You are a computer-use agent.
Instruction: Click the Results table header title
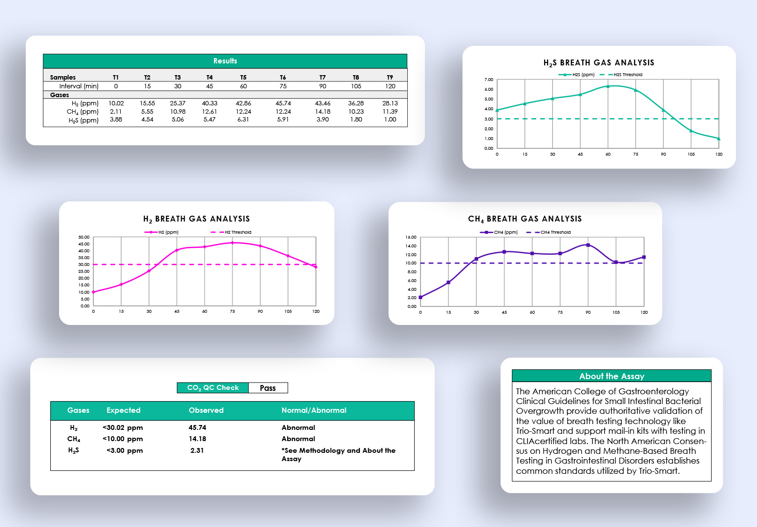point(225,61)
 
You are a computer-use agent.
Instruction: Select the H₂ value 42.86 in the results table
point(243,103)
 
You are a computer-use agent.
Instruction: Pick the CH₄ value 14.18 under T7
point(322,112)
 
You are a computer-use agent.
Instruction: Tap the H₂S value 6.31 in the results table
point(243,120)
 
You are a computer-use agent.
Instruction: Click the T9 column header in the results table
point(390,78)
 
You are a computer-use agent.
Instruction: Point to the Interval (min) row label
point(79,86)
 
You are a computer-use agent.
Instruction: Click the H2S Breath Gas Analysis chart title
point(599,63)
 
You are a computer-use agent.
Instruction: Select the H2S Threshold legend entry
point(628,75)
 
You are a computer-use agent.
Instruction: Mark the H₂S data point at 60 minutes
point(608,86)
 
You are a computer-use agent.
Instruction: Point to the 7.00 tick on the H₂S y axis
point(488,80)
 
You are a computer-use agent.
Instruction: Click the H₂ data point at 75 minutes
point(232,243)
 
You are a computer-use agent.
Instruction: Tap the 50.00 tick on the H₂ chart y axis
point(84,237)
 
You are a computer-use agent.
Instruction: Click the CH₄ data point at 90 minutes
point(588,245)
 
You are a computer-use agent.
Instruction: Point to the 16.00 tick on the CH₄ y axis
point(411,238)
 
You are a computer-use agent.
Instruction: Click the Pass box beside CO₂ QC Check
point(268,388)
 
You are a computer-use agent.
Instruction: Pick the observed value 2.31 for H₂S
point(197,450)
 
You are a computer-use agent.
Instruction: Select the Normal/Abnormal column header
point(314,410)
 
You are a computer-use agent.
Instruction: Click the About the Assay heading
point(611,376)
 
